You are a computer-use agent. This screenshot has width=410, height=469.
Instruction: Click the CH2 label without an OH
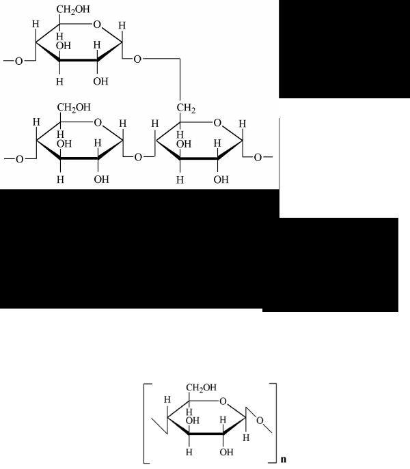tap(186, 108)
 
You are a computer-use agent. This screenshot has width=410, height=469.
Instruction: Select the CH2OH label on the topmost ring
tap(73, 10)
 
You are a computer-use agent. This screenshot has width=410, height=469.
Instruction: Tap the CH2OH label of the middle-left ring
tap(74, 107)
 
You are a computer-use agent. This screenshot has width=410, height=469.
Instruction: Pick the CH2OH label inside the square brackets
tap(202, 388)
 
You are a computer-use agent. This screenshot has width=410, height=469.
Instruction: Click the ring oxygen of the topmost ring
tap(97, 24)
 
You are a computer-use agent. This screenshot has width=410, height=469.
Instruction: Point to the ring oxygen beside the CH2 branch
tap(217, 122)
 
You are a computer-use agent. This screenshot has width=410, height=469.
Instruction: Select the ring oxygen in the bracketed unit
tap(223, 401)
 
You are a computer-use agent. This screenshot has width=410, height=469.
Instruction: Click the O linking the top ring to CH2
tap(137, 59)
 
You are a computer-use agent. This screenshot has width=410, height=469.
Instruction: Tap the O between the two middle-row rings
tap(138, 157)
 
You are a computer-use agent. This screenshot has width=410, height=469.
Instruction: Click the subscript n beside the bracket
tap(284, 459)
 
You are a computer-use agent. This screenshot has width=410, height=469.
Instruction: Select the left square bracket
tap(146, 423)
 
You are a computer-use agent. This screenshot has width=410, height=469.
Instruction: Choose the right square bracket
tap(273, 423)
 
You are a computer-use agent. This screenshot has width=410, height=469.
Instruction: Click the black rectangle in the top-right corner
tap(344, 49)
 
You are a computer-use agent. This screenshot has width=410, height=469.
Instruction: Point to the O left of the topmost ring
tap(19, 61)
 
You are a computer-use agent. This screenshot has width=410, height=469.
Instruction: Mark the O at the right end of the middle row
tap(258, 157)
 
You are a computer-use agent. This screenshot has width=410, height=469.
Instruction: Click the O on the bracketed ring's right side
tap(260, 421)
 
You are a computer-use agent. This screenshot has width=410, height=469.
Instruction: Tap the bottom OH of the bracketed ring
tap(226, 452)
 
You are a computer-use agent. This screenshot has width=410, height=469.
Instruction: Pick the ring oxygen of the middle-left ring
tap(98, 122)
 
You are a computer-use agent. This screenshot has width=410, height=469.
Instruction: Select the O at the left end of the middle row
tap(19, 159)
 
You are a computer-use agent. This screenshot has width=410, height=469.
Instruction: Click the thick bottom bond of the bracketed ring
tap(206, 433)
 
